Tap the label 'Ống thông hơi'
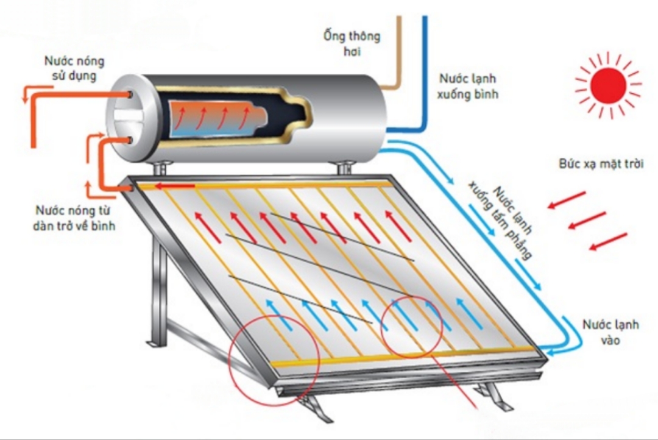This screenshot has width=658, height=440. coord(352,43)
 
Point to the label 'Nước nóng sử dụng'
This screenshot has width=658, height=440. coord(74,68)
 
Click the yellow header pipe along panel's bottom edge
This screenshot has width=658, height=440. coord(402,358)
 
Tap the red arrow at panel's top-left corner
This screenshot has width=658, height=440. coord(173,186)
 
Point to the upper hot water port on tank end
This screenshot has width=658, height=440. coord(130,95)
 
